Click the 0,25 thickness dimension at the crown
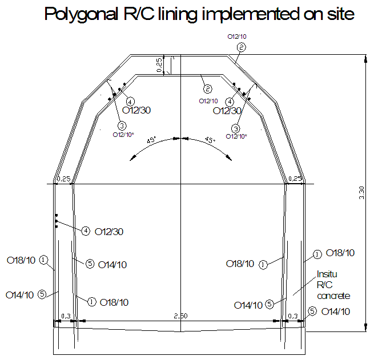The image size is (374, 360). tap(160, 65)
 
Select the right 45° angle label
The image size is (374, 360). tap(210, 140)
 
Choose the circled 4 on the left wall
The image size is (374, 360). tap(85, 231)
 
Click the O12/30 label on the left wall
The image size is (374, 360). tap(108, 232)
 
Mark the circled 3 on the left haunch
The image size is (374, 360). tap(122, 126)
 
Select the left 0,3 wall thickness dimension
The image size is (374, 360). tap(66, 315)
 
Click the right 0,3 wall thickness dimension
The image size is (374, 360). tap(293, 315)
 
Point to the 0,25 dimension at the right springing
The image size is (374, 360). tap(296, 179)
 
